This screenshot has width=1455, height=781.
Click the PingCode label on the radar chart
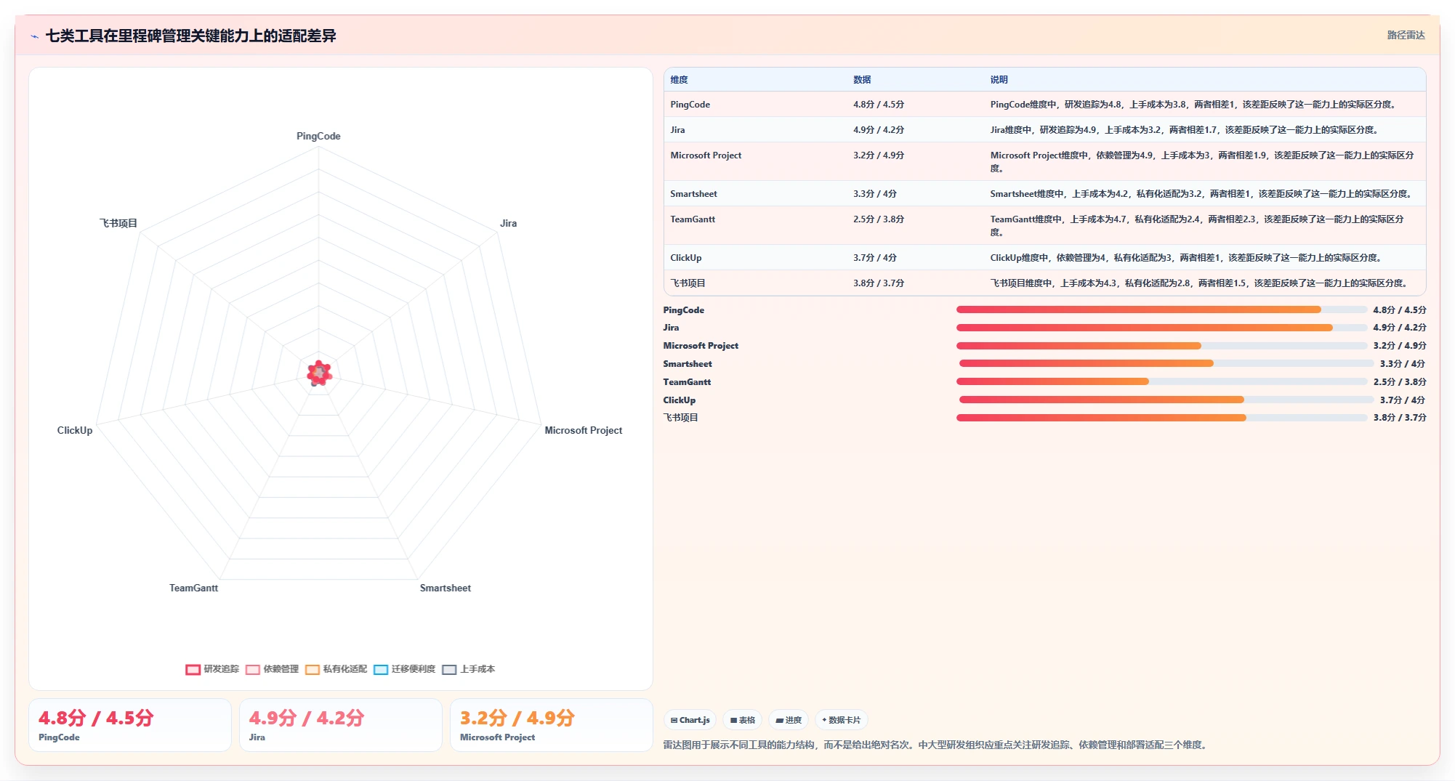coord(318,136)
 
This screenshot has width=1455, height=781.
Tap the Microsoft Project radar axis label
coord(583,430)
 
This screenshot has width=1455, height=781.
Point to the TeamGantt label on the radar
coord(193,588)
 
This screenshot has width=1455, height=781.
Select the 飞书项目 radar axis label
coord(118,223)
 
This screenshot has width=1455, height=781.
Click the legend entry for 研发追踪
coord(212,669)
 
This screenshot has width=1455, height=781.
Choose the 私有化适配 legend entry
coord(336,669)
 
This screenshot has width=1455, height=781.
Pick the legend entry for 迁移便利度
coord(404,669)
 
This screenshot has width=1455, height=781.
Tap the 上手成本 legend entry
coord(469,669)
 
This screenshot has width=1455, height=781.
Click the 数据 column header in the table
coord(862,80)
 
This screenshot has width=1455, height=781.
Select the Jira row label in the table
coord(677,130)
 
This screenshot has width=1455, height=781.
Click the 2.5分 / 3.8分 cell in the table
coord(879,219)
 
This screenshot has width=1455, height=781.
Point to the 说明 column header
coord(999,80)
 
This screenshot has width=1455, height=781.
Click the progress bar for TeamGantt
coord(1161,381)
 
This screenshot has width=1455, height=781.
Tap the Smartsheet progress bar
coord(1166,363)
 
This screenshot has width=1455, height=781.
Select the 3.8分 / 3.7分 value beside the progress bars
coord(1400,418)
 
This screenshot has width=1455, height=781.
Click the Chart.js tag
coord(690,720)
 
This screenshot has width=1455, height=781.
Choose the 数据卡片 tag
coord(841,720)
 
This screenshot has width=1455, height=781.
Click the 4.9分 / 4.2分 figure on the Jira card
coord(306,718)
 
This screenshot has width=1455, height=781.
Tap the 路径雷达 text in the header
coord(1406,35)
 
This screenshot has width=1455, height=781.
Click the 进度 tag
coord(788,720)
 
